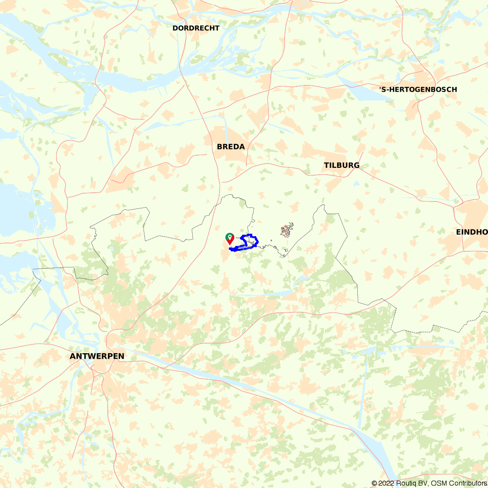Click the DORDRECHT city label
196,28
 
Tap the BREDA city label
231,147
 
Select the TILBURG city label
342,165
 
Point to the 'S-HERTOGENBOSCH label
418,89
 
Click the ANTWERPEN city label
97,356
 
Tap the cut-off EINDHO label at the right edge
472,232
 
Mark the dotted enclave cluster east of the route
287,230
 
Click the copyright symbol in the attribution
374,483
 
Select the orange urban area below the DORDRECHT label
195,39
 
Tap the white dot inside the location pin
229,236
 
